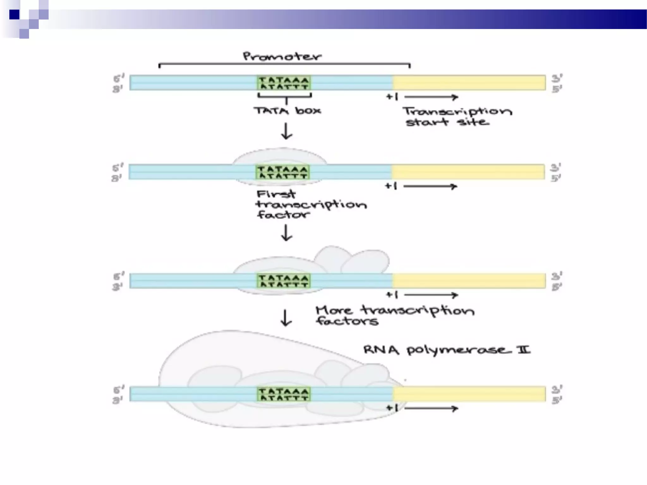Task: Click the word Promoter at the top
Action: pos(282,57)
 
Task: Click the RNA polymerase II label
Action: pos(446,350)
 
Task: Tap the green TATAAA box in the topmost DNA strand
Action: pos(284,83)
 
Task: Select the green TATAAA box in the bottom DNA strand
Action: pos(284,394)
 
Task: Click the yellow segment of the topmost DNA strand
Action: pos(469,83)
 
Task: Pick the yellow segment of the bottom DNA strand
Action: pos(469,394)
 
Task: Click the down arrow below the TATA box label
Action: pos(287,131)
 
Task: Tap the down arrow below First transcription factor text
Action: pos(287,233)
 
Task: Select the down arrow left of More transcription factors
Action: pos(286,318)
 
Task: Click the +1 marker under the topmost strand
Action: pos(392,97)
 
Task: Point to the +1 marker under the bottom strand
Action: pos(392,408)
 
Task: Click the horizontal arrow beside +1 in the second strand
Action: pos(430,187)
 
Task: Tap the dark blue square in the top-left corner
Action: pos(14,15)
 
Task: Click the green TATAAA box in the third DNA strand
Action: pos(284,281)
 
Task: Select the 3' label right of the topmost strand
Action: pos(557,78)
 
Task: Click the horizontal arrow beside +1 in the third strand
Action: pos(431,295)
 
